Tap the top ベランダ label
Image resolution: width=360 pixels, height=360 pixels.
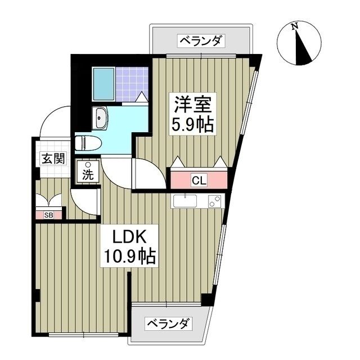201,40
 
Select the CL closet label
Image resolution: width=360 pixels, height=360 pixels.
199,181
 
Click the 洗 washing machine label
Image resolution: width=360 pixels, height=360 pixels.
88,174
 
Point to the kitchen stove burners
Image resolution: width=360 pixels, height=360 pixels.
214,201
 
